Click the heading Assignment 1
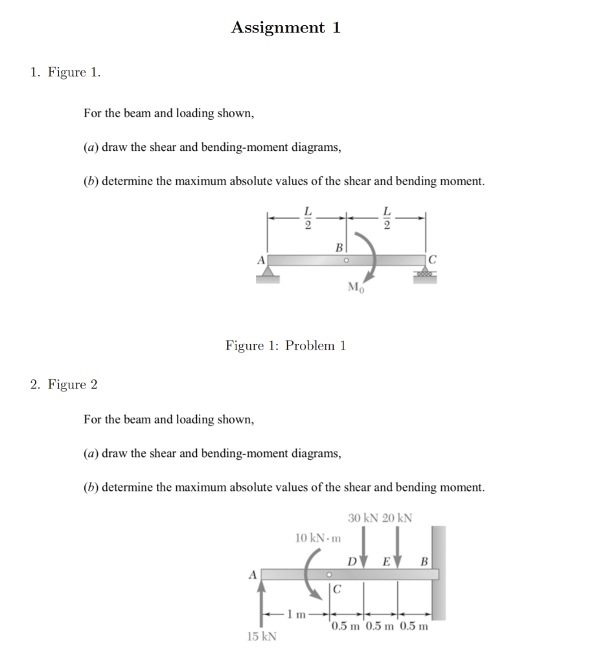(286, 28)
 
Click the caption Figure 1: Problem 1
(286, 345)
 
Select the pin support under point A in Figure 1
(268, 275)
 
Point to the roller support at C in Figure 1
(426, 275)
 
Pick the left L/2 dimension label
(308, 218)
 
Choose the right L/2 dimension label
(387, 218)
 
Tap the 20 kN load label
(397, 518)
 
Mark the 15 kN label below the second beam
(262, 636)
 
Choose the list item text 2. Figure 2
(64, 385)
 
